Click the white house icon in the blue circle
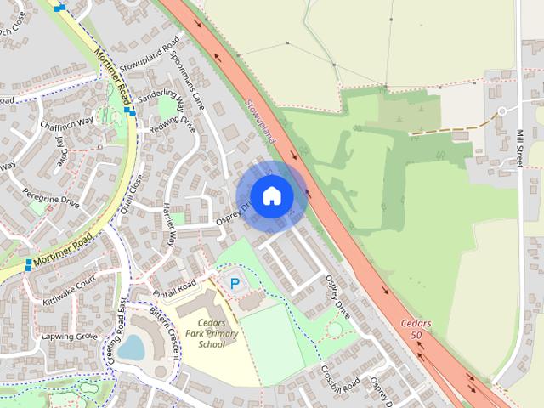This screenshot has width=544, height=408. tap(271, 196)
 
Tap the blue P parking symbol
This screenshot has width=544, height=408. tap(234, 283)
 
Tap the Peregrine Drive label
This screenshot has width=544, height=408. tap(50, 198)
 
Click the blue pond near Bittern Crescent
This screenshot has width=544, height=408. tap(131, 347)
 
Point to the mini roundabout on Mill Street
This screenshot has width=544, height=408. tap(502, 111)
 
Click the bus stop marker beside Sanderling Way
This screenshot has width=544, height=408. tap(127, 110)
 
